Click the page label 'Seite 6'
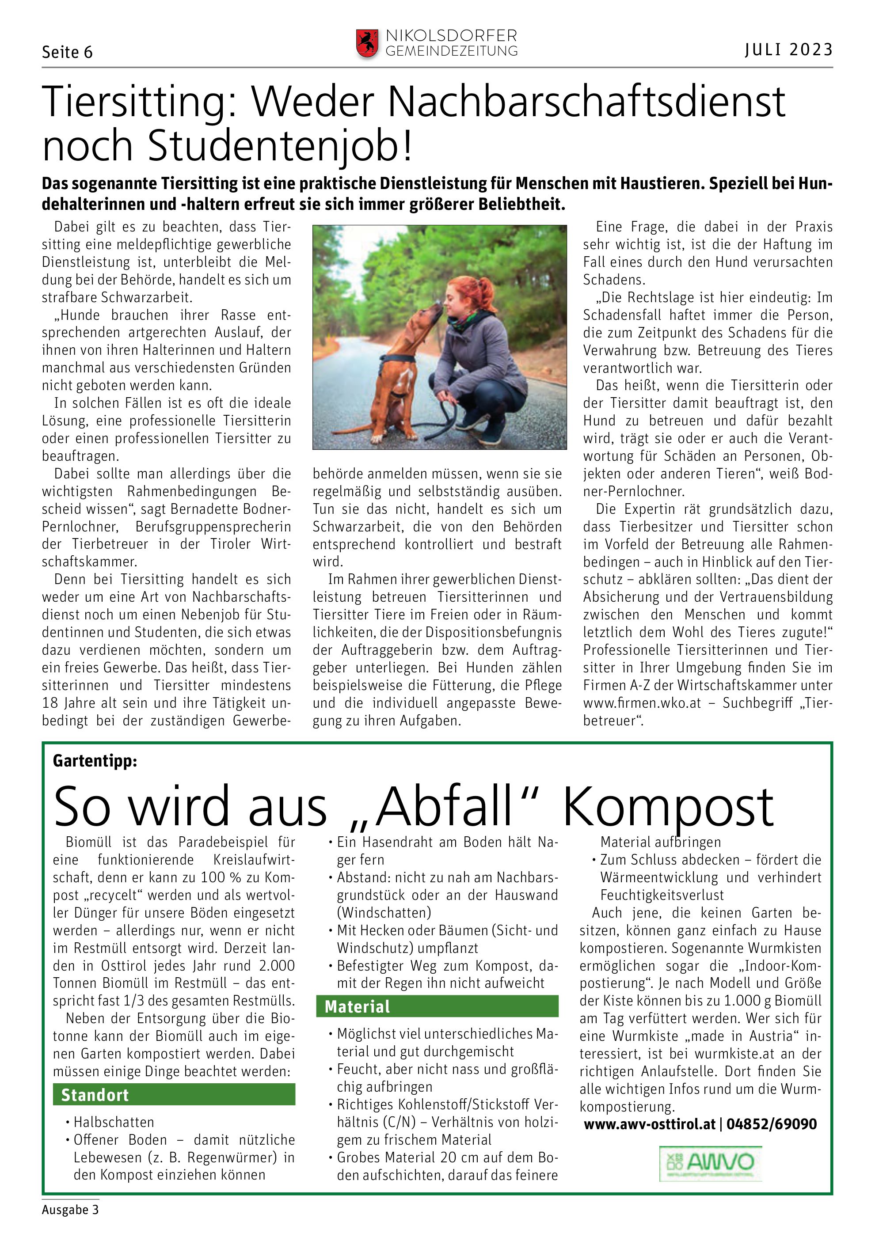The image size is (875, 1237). pyautogui.click(x=67, y=52)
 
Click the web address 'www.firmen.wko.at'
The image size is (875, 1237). pyautogui.click(x=642, y=702)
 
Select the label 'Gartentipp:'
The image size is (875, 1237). pyautogui.click(x=95, y=761)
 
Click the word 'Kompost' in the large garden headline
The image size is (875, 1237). pyautogui.click(x=668, y=808)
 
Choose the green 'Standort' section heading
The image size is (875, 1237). pyautogui.click(x=95, y=1095)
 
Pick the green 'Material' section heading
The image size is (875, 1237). pyautogui.click(x=357, y=1006)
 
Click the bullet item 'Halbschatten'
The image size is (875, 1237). pyautogui.click(x=114, y=1122)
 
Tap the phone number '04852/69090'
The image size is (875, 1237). pyautogui.click(x=771, y=1124)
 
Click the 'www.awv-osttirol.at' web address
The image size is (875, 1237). pyautogui.click(x=649, y=1124)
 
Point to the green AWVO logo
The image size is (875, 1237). pyautogui.click(x=710, y=1164)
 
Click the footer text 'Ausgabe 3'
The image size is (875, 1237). pyautogui.click(x=70, y=1210)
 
